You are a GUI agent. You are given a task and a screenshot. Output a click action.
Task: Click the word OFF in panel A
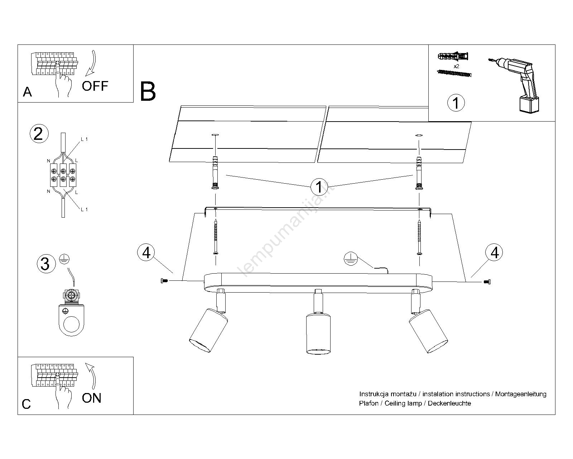[x=95, y=86]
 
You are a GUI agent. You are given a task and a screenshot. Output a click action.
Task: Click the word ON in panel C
[x=92, y=398]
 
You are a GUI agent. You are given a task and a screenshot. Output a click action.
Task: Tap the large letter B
[x=148, y=91]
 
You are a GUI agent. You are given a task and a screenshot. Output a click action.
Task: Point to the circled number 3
[x=45, y=264]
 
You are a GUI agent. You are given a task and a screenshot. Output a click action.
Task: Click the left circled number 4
[x=146, y=253]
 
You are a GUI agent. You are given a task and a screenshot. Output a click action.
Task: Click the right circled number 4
[x=494, y=253]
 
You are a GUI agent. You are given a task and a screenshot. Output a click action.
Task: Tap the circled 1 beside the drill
[x=456, y=103]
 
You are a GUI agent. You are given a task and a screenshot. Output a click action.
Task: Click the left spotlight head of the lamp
[x=209, y=330]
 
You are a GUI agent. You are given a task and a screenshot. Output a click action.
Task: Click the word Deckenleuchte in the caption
[x=449, y=403]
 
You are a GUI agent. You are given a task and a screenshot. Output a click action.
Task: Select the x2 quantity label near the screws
[x=456, y=66]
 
